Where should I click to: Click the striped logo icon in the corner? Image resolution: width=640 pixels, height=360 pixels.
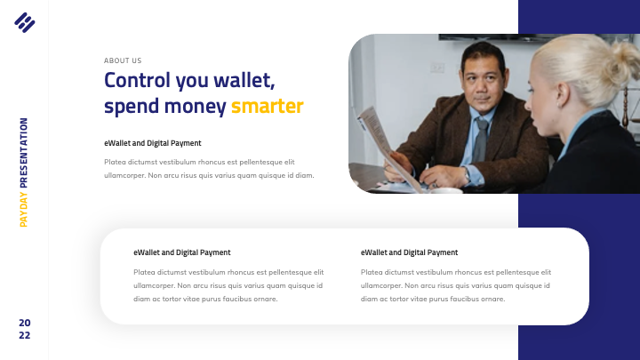coord(24,21)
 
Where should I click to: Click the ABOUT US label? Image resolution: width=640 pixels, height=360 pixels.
coord(123,60)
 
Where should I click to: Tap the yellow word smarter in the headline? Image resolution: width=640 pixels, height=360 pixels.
coord(267,107)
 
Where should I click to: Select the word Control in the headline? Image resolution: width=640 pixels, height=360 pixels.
coord(137,80)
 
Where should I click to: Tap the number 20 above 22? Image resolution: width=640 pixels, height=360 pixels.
coord(24,322)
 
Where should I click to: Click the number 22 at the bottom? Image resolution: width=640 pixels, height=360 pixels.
coord(24,336)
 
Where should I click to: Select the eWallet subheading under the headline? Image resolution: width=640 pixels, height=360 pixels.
coord(152,143)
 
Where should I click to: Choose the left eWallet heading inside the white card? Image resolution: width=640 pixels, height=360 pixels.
coord(181,252)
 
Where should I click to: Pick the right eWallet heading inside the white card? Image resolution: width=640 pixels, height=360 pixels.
coord(409,252)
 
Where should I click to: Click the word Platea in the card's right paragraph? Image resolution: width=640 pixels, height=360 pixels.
coord(372,272)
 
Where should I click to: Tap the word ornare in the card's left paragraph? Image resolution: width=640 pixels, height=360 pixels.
coord(267,299)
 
